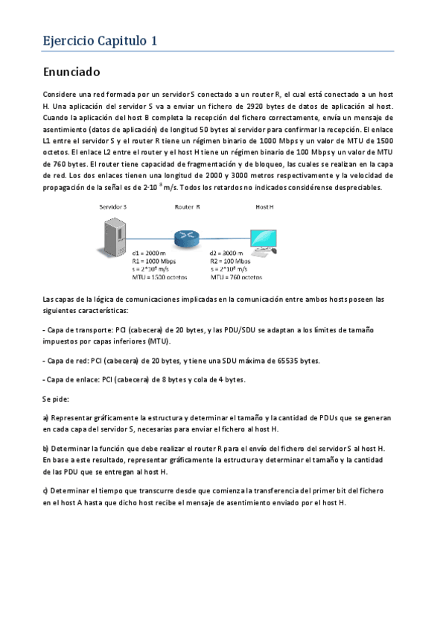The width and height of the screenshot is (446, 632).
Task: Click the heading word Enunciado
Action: click(x=72, y=73)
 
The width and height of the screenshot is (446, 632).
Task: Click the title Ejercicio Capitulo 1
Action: click(x=99, y=41)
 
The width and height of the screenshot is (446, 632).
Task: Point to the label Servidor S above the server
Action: click(x=113, y=205)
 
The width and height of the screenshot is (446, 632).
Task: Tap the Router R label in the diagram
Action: click(x=187, y=205)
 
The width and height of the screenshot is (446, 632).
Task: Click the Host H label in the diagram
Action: click(x=265, y=205)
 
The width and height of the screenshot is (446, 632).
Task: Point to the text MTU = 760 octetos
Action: click(x=236, y=276)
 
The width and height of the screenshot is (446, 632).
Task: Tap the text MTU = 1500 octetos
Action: click(x=159, y=276)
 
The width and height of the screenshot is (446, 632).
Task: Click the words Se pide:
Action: click(x=56, y=399)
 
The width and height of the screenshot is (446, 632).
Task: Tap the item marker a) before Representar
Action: click(x=46, y=418)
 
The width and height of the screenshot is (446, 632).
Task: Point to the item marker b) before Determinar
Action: click(x=46, y=449)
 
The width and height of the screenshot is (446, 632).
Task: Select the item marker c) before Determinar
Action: click(x=46, y=490)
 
